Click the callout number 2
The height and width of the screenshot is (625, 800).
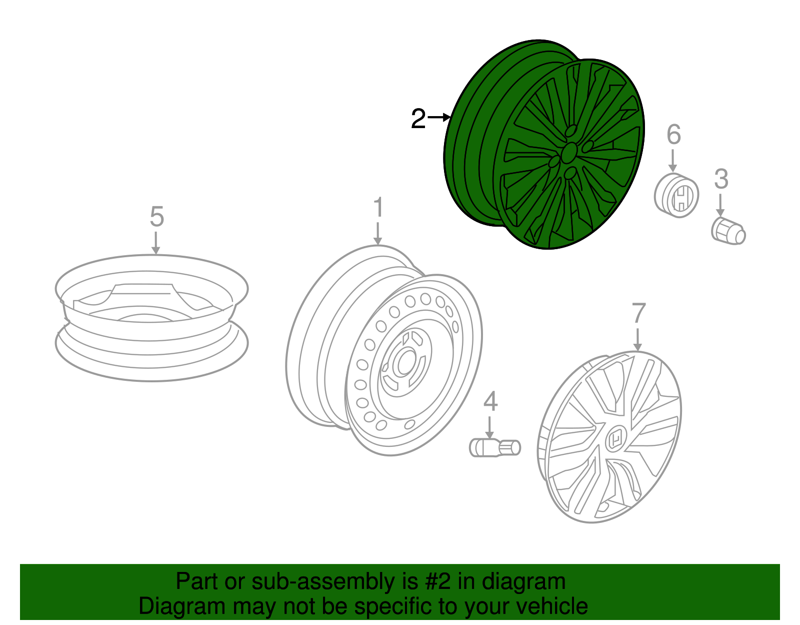coord(418,119)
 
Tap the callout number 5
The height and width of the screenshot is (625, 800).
coord(156,217)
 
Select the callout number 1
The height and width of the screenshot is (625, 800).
coord(378,207)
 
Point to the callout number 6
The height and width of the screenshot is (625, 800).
coord(673,135)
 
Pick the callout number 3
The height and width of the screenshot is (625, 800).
coord(720,179)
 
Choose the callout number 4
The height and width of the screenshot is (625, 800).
coord(490,401)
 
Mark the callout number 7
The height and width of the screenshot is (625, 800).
coord(638,314)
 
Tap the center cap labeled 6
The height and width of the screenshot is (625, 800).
coord(676,195)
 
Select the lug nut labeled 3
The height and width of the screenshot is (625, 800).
coord(728,232)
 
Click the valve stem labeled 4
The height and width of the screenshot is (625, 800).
coord(494,447)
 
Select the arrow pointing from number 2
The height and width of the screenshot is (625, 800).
coord(439,118)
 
